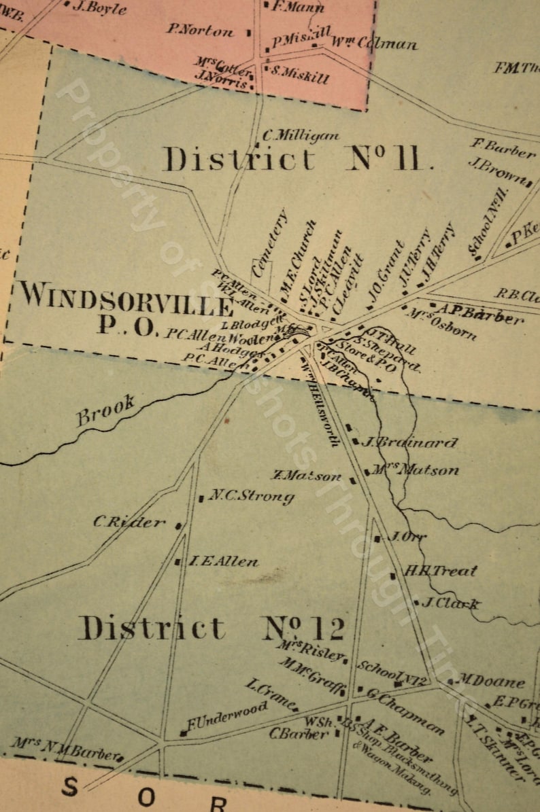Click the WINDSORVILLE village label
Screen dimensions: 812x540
126,298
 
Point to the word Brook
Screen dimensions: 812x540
105,410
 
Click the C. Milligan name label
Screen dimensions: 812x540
301,136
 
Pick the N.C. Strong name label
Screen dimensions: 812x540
251,497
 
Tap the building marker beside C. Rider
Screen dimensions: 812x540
179,525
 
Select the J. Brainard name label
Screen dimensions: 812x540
409,443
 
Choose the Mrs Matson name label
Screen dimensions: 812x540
416,470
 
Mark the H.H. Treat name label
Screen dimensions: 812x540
441,571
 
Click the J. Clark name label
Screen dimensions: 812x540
451,603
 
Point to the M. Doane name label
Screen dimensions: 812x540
491,681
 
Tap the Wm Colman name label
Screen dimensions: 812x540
374,43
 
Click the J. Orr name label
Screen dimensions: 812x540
406,537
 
